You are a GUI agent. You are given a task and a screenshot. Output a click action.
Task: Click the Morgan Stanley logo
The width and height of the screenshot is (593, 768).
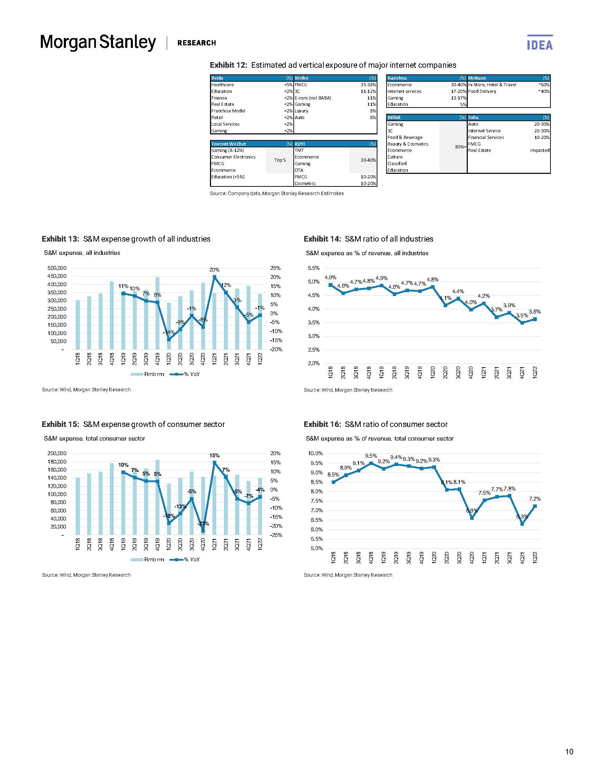coord(98,43)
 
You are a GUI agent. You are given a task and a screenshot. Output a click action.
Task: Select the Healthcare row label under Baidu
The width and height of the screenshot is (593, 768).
coord(223,85)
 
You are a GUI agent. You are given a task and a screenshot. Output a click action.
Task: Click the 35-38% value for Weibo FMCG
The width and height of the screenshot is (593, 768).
coord(368,85)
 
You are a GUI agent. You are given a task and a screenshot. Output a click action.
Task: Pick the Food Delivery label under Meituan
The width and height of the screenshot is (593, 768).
coord(482,91)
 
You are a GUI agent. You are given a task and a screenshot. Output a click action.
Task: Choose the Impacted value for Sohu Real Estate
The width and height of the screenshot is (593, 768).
coord(539,150)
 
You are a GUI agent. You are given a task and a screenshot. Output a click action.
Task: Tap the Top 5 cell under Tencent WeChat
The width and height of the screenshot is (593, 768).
coord(280,160)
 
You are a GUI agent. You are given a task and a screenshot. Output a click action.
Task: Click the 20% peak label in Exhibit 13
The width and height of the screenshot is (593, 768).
coord(214,270)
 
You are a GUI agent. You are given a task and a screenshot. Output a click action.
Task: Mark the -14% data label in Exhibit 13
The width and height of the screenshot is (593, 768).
coord(169,332)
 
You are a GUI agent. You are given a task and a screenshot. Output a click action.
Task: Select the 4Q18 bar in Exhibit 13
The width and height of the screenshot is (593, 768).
coord(112,315)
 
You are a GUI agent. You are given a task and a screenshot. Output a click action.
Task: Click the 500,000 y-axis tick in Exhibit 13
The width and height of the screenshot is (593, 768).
coord(57,268)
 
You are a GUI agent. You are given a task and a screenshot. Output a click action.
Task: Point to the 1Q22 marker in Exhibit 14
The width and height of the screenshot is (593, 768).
coord(535,319)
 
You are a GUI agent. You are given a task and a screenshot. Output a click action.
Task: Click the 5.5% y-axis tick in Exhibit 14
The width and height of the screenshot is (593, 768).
coord(314,268)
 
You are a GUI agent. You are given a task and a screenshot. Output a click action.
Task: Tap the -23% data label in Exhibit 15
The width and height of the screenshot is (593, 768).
coord(203,524)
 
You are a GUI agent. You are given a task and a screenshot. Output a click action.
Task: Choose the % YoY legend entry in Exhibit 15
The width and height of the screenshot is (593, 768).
coord(185,560)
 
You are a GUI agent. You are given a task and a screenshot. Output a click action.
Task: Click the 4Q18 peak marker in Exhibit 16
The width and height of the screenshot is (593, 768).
coord(371,464)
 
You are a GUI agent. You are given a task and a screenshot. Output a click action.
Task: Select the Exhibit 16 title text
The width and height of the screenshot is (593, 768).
coord(376,424)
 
